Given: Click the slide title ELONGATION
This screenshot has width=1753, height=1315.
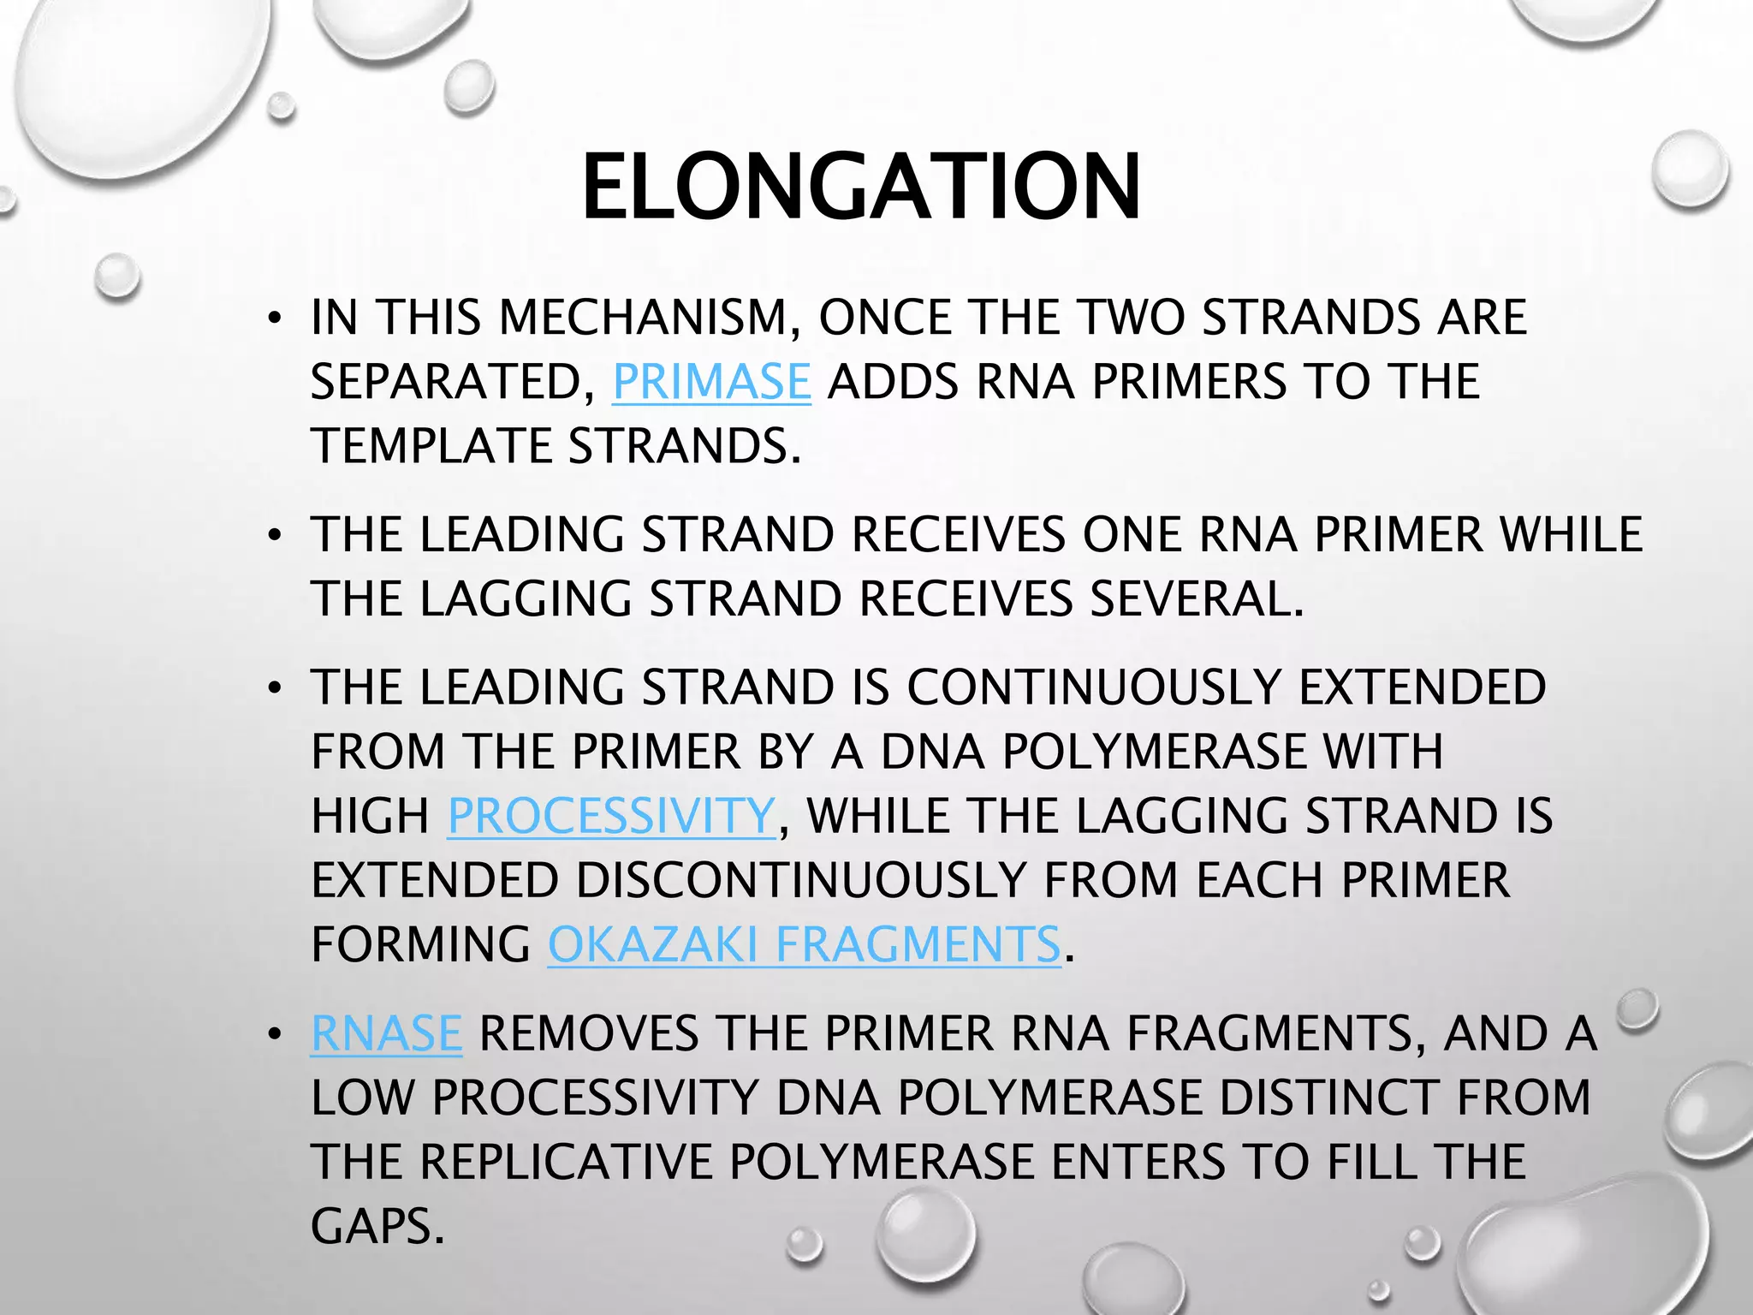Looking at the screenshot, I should (x=861, y=187).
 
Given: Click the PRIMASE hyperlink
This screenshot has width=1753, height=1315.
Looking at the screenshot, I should (x=711, y=382).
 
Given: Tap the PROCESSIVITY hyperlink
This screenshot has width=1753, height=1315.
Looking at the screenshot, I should (x=611, y=816).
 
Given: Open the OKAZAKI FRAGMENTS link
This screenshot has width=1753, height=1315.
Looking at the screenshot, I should (x=804, y=945).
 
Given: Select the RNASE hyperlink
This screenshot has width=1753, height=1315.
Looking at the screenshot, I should (x=386, y=1033).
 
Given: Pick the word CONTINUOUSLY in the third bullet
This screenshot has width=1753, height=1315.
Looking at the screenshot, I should (x=1094, y=687).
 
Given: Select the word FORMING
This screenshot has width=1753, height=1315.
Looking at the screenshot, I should (x=420, y=945).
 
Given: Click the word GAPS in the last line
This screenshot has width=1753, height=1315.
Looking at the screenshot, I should (x=377, y=1226).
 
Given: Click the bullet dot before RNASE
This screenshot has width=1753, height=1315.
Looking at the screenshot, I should (x=274, y=1036).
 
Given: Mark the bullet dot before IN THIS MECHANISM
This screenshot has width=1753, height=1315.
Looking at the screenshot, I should (x=274, y=320).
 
